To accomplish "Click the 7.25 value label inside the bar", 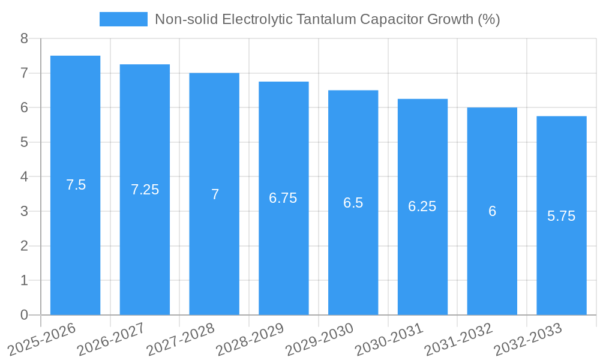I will click(x=145, y=190).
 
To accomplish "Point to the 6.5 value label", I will click(x=353, y=203).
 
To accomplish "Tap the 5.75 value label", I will click(x=561, y=216).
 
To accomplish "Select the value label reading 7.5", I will click(x=76, y=185).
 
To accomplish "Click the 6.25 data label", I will click(x=422, y=206).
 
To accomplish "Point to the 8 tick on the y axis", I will click(x=24, y=39).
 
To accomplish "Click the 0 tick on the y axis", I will click(x=24, y=315).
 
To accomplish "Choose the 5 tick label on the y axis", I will click(x=24, y=142).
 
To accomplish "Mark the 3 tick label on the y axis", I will click(x=24, y=211).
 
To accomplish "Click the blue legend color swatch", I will click(x=123, y=19).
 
